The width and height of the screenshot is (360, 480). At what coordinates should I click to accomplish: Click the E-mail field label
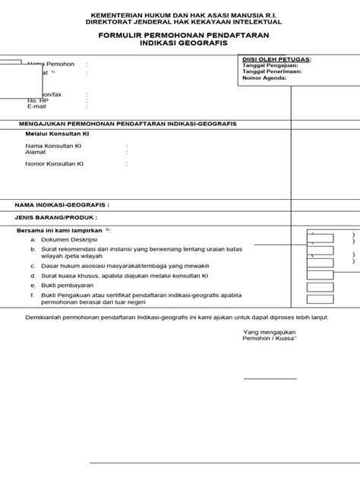click(x=36, y=106)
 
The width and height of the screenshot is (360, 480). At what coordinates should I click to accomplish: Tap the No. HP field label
click(x=37, y=100)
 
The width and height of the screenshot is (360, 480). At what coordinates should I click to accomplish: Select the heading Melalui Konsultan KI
click(x=57, y=134)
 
